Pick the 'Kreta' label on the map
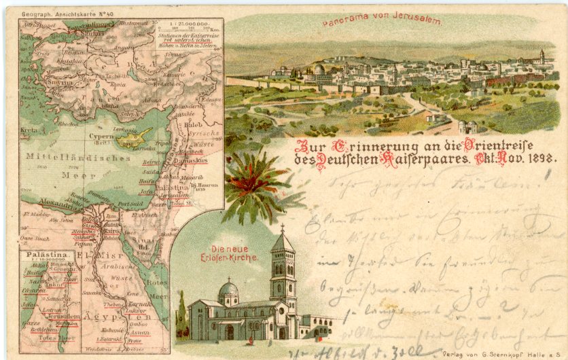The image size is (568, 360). [29, 128]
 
